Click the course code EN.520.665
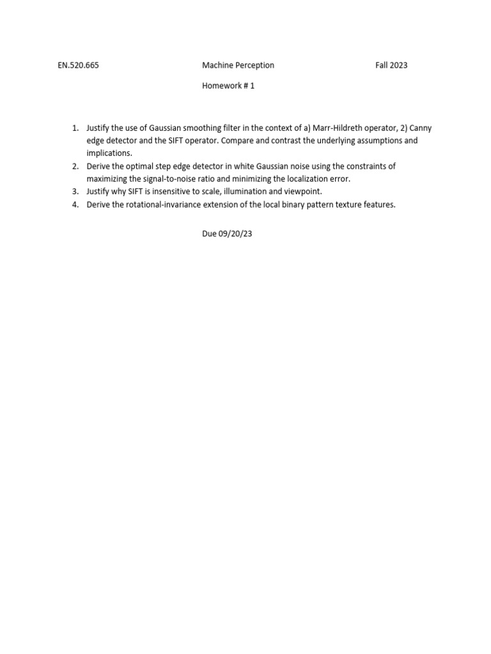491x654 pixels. [x=78, y=65]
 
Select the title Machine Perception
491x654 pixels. [x=238, y=65]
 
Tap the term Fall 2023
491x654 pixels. [x=391, y=65]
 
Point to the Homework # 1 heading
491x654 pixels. [x=228, y=86]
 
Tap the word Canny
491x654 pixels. [x=420, y=128]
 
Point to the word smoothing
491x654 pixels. [x=203, y=128]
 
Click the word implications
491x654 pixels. [x=109, y=153]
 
